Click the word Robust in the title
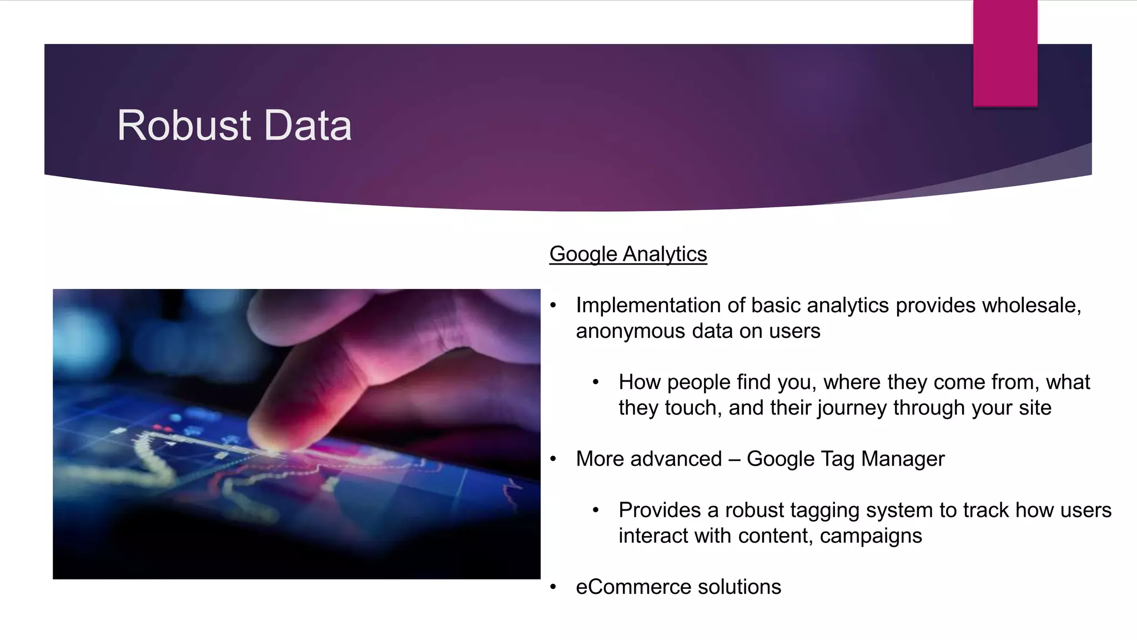[x=184, y=126]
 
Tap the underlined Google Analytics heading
[x=628, y=254]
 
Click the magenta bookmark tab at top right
[x=1005, y=53]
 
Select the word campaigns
[x=871, y=536]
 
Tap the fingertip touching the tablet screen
[x=272, y=439]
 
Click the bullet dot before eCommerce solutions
[x=553, y=587]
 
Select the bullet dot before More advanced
[x=553, y=459]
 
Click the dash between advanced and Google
[x=734, y=459]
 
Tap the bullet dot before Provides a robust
[x=596, y=511]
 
